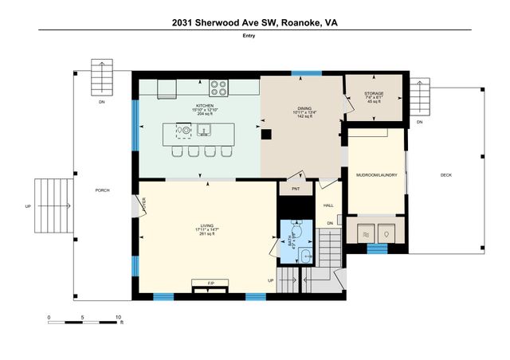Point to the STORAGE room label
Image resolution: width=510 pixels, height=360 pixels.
point(374,93)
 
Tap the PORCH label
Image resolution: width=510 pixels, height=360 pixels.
point(102,190)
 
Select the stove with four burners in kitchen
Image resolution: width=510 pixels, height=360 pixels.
point(219,87)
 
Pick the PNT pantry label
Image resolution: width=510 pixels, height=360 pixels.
point(295,189)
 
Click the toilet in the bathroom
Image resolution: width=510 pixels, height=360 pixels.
point(295,232)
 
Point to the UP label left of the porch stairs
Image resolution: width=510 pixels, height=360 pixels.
point(28,206)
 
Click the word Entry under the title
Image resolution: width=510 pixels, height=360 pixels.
point(254,36)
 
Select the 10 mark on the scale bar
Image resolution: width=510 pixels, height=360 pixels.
point(118,317)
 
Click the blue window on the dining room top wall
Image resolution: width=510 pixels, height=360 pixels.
point(300,74)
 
